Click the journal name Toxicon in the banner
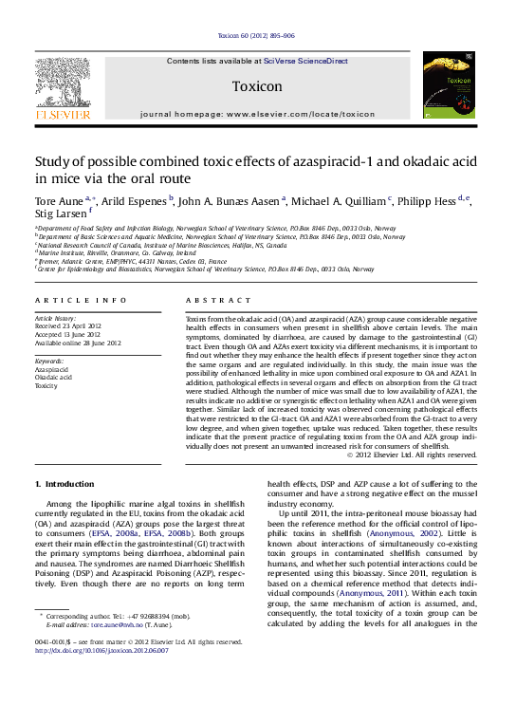[257, 84]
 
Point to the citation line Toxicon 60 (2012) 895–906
[256, 35]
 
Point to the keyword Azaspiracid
[53, 369]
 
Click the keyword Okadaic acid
[54, 378]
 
